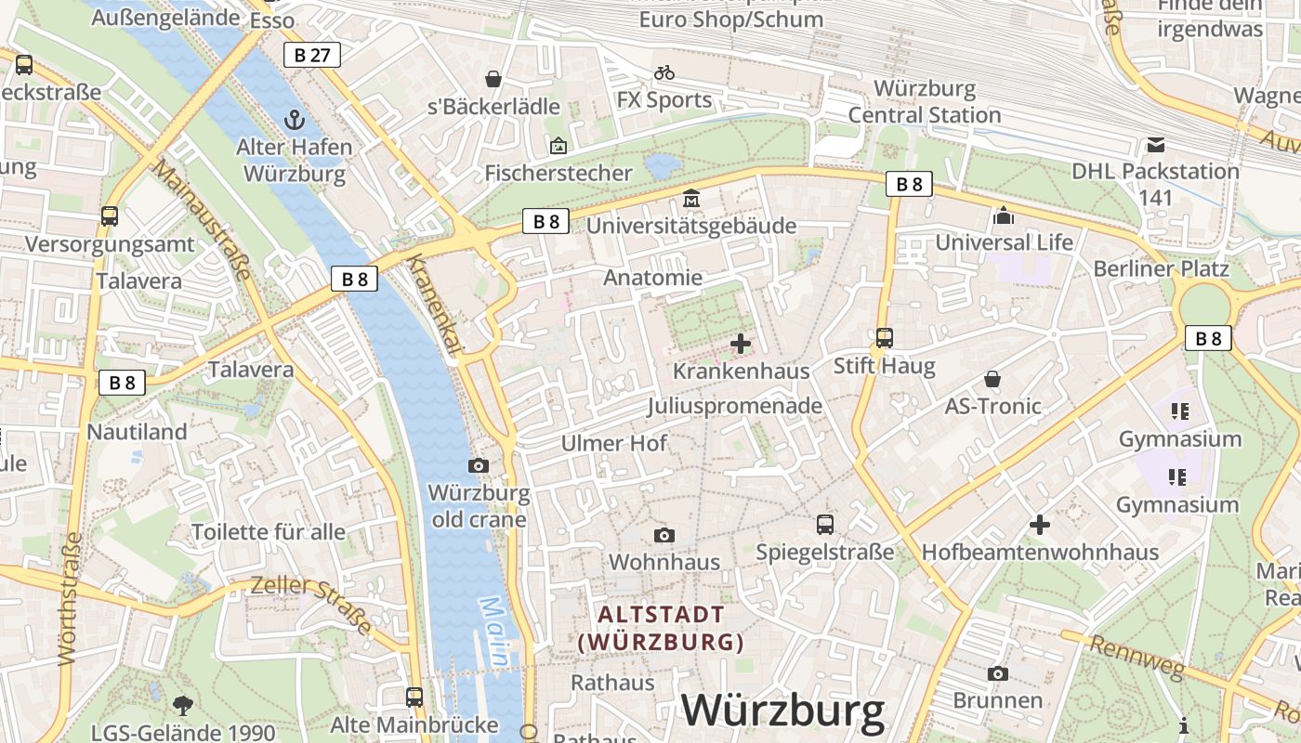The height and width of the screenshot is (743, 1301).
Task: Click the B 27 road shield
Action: click(312, 55)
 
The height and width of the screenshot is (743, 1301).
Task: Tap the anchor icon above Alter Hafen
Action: click(294, 120)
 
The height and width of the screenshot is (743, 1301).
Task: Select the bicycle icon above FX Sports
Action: click(664, 72)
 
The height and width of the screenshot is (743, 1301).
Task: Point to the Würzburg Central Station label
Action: click(925, 102)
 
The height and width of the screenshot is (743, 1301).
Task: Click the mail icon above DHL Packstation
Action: click(1156, 144)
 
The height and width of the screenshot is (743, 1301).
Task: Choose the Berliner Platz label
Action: click(1162, 268)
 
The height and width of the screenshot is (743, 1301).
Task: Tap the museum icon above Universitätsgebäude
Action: click(691, 199)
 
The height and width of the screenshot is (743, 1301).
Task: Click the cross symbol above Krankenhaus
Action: click(741, 345)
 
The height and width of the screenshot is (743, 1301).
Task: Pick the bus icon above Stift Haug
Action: click(885, 338)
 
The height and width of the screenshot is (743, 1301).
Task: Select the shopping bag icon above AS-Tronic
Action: click(992, 379)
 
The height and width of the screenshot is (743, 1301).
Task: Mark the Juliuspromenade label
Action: click(735, 406)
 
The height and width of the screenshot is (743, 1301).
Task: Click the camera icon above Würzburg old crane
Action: click(479, 465)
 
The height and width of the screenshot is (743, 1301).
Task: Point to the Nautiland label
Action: click(137, 432)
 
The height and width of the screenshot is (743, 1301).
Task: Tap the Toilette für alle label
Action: click(268, 532)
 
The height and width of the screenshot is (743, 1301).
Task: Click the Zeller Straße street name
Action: click(310, 604)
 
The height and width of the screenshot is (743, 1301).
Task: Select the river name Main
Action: click(494, 632)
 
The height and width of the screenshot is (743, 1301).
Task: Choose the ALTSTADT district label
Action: click(661, 614)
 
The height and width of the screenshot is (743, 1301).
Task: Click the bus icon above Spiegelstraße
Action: click(825, 525)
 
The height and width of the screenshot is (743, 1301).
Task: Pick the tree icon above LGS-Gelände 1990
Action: click(183, 705)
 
